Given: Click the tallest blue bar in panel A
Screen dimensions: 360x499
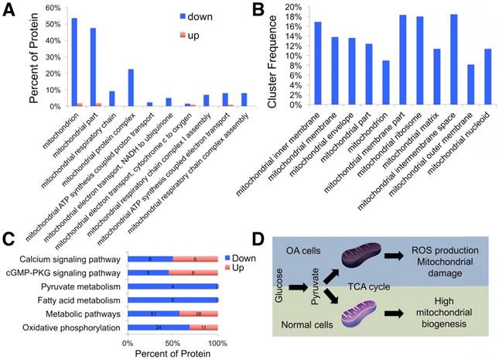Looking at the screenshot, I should point(73,62).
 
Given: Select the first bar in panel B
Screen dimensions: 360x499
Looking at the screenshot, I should point(318,63).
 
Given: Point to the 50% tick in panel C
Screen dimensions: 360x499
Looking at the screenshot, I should point(173,341).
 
